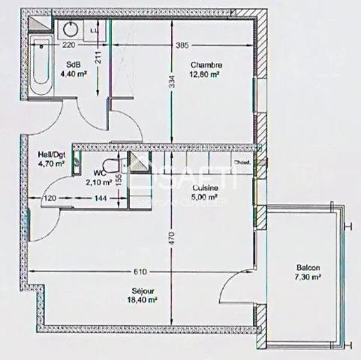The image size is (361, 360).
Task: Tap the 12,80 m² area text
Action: [x=205, y=74]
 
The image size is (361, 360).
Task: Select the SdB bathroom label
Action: [x=74, y=64]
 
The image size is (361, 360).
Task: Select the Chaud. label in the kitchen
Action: [x=242, y=162]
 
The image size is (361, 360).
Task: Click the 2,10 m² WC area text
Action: [x=99, y=181]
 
